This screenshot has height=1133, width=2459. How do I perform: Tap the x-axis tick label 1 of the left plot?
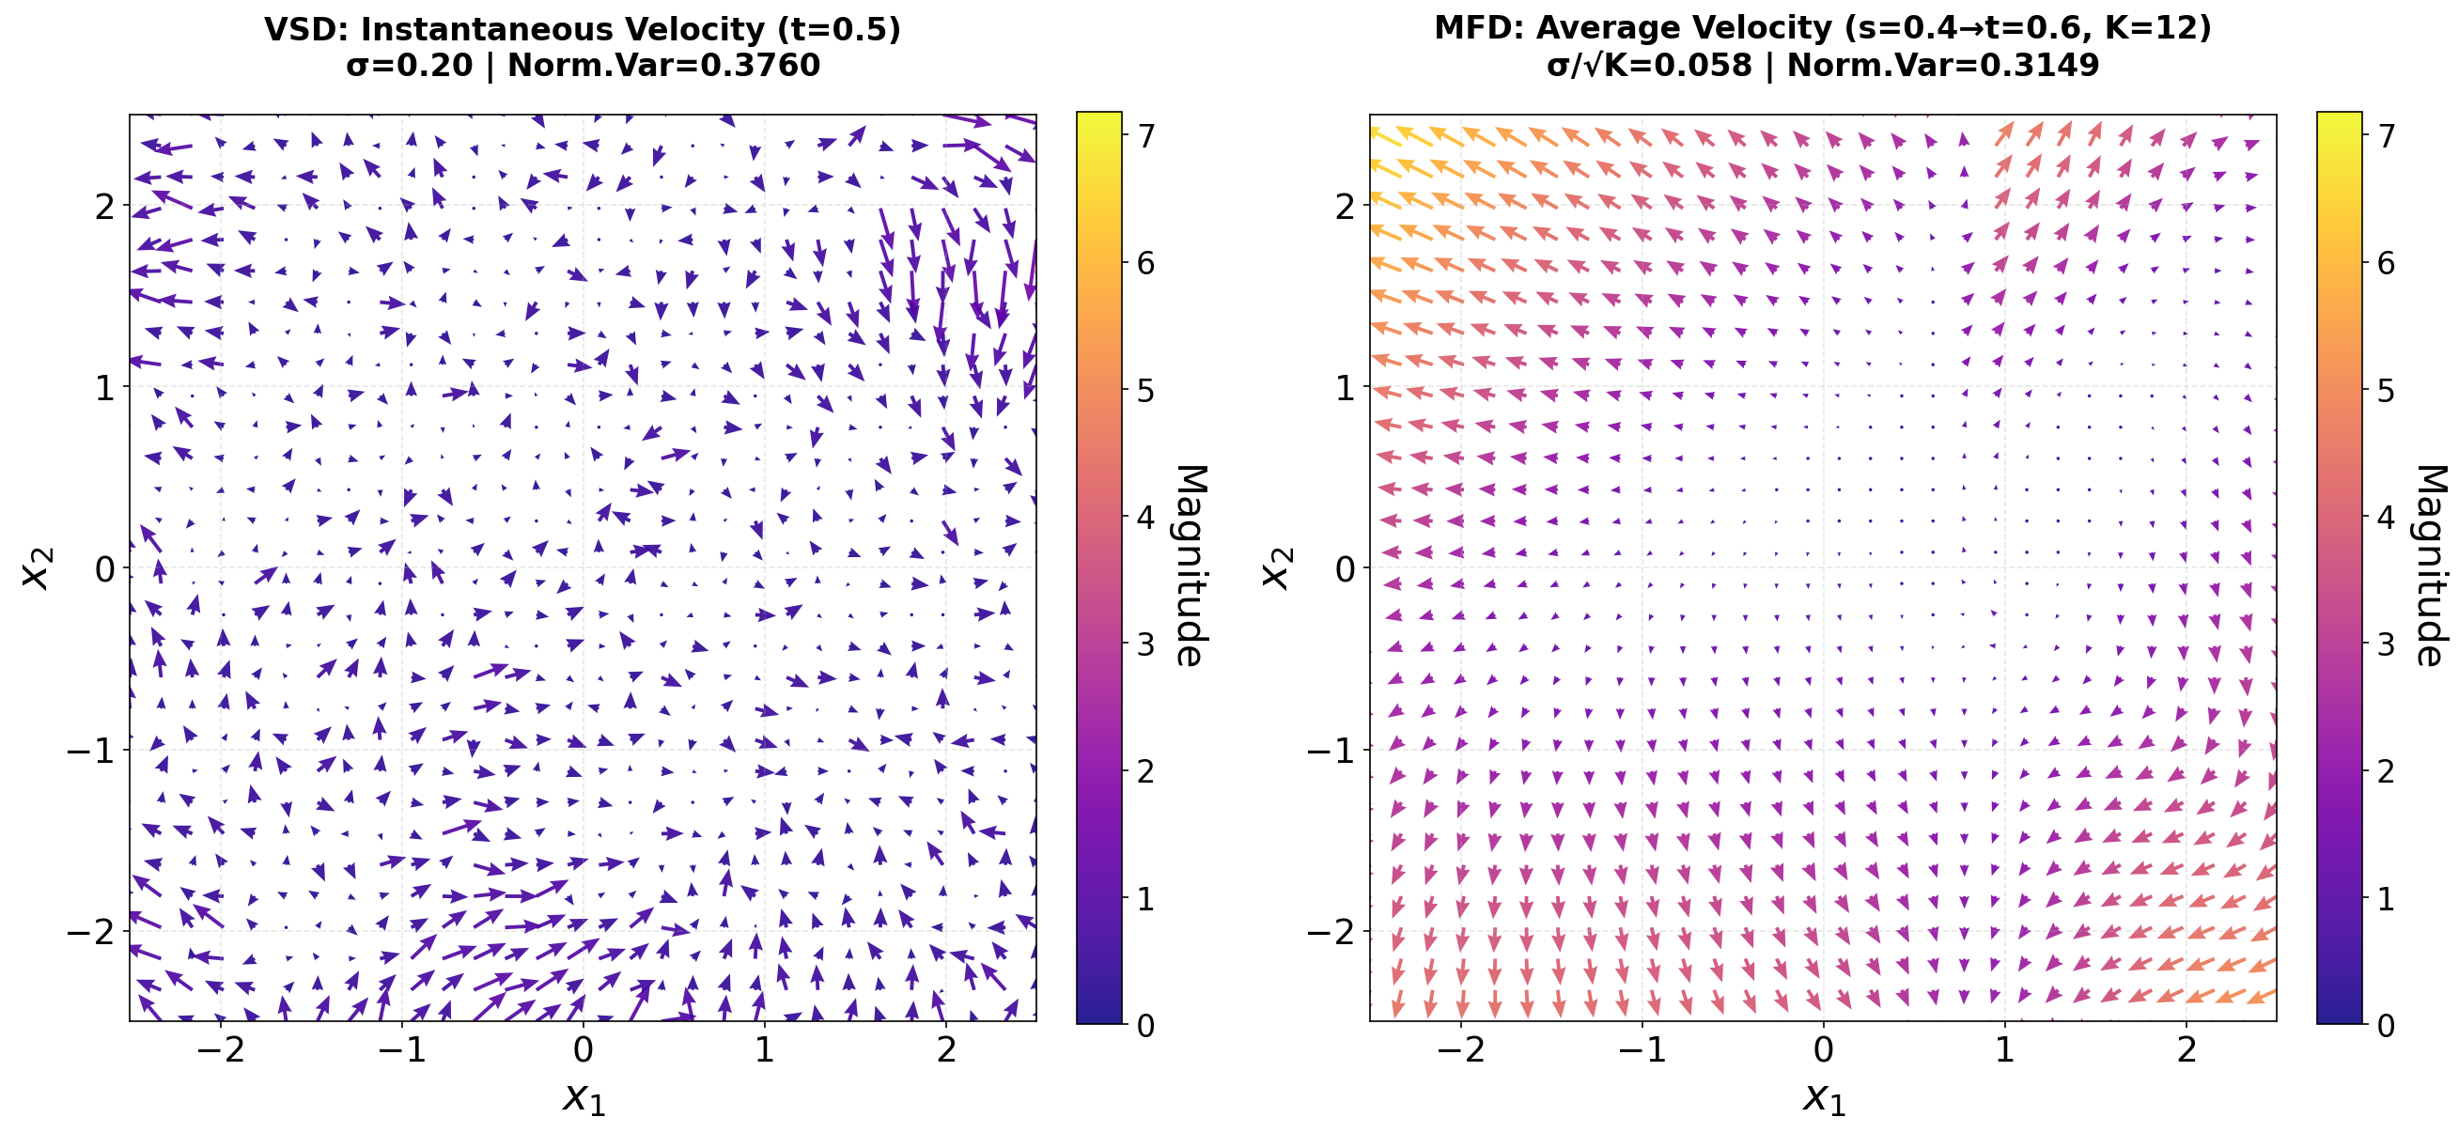tap(764, 1050)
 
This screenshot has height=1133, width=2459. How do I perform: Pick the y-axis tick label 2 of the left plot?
tap(105, 206)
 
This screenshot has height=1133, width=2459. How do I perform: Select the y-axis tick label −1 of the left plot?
tap(91, 751)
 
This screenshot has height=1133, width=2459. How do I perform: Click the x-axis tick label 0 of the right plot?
tap(1823, 1050)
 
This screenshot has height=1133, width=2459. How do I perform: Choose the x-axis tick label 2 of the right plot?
tap(2186, 1050)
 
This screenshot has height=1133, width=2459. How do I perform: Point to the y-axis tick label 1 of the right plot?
tap(1346, 387)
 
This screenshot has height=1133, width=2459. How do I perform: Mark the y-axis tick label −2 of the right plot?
tap(1331, 932)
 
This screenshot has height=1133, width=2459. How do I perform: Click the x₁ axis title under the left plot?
tap(584, 1097)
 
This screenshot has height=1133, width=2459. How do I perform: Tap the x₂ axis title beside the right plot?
tap(1277, 568)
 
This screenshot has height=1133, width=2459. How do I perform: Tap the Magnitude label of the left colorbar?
tap(1190, 566)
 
